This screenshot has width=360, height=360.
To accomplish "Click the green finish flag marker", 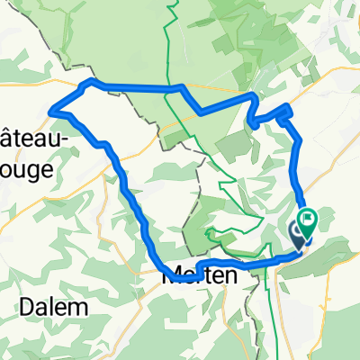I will (x=308, y=220).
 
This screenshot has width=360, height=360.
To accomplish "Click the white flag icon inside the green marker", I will (x=309, y=216).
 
